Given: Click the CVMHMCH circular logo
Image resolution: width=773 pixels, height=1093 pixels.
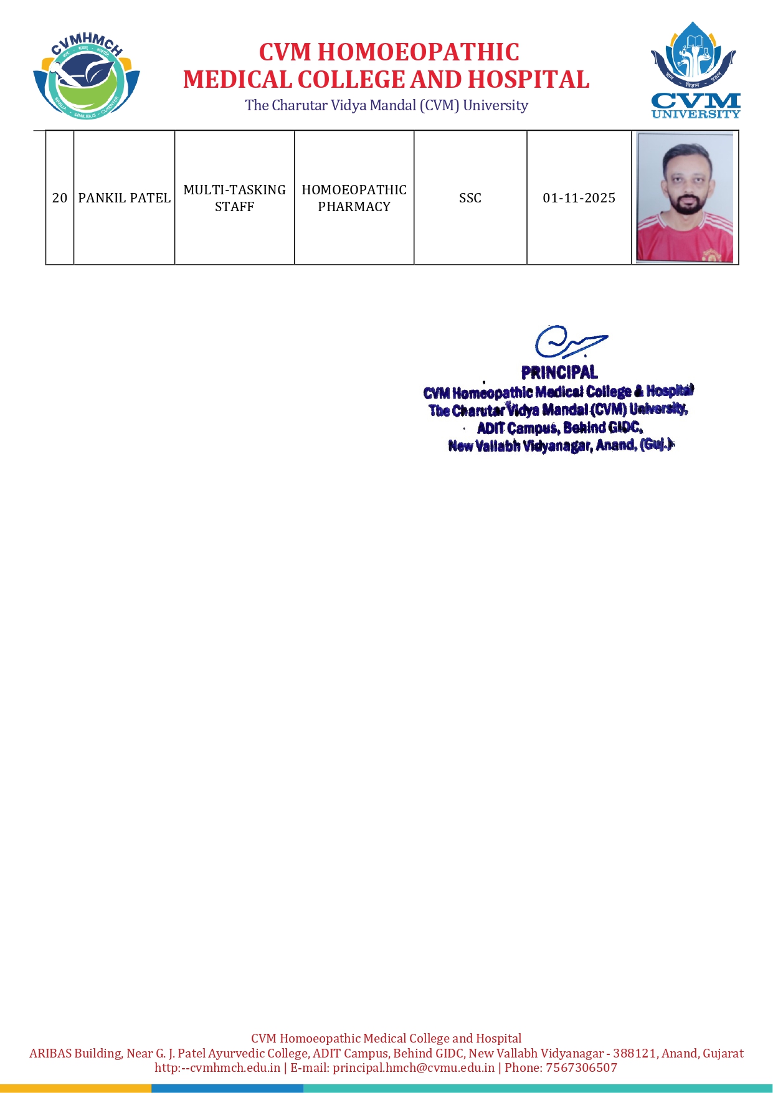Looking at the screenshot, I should (x=86, y=76).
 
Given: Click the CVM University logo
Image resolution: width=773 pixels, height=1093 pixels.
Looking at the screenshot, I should (x=695, y=71).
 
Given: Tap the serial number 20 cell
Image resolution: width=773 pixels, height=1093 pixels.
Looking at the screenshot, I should (x=60, y=198).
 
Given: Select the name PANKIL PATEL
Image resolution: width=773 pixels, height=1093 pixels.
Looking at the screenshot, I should (x=124, y=198).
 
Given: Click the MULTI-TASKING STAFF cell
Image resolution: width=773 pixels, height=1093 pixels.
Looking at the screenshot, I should (x=234, y=198).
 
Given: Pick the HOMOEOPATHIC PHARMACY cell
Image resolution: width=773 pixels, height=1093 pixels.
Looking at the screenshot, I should (x=354, y=198).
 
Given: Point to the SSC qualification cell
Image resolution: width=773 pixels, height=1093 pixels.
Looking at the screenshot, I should (x=470, y=198).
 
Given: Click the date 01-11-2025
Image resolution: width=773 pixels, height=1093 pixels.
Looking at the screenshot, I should (x=579, y=198).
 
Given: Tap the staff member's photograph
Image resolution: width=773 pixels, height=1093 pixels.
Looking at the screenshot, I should (x=685, y=197).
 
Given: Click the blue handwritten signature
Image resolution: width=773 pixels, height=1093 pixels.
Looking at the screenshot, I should (x=569, y=342).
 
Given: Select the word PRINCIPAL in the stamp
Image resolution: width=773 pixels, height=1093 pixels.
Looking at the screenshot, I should (x=559, y=372).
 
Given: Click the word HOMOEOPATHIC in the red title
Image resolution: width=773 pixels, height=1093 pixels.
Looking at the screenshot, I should (x=418, y=52).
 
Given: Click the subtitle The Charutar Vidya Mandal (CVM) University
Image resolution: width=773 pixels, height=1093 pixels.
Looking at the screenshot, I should (x=386, y=105).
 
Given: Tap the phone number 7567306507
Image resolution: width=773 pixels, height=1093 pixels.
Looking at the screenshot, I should (x=581, y=1067).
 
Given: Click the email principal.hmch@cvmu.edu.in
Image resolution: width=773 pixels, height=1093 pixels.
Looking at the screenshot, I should (x=414, y=1067).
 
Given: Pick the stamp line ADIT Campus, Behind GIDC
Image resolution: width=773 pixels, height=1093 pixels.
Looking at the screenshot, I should (x=559, y=428).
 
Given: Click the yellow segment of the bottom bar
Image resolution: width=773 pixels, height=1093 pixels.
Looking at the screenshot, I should (x=75, y=1088).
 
